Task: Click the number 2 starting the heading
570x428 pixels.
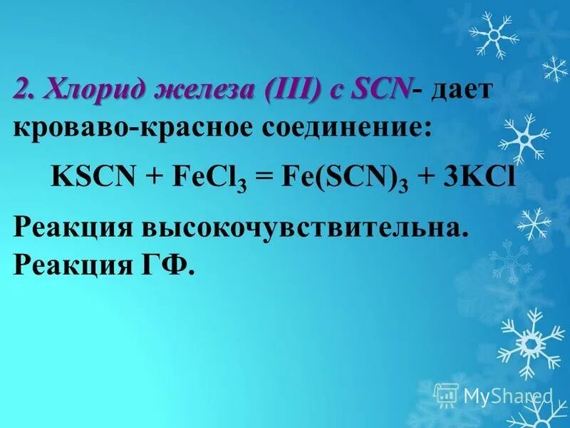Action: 21,91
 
